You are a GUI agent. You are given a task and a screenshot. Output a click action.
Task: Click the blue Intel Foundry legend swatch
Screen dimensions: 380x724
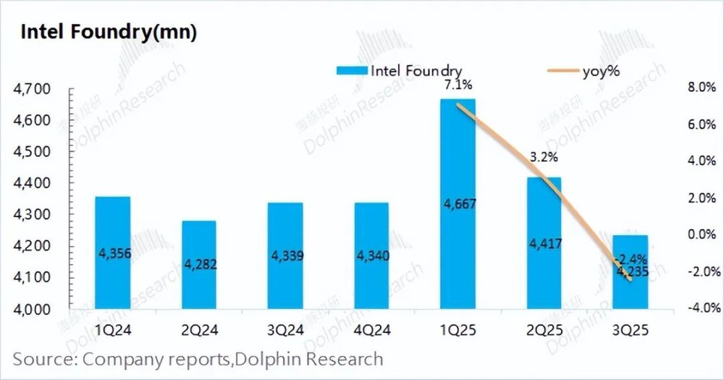[x=352, y=70]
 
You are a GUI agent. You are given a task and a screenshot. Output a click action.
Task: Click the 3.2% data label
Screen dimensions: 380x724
[x=544, y=156]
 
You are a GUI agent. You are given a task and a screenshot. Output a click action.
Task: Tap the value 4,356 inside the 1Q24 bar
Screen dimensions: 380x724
[x=113, y=253]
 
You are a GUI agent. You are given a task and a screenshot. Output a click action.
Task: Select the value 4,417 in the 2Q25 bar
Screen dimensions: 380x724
[x=544, y=243]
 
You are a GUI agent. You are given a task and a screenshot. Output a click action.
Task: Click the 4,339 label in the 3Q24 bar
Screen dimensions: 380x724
[x=285, y=256]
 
